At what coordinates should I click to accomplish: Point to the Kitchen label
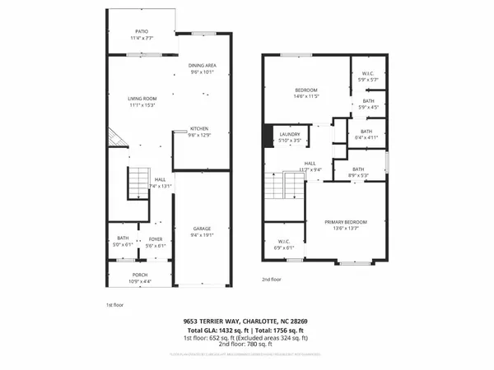click(198, 129)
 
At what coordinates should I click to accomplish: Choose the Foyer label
click(156, 240)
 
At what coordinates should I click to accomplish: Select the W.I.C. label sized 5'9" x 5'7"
click(368, 74)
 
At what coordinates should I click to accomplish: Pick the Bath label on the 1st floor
click(122, 240)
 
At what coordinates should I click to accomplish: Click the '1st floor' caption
click(114, 304)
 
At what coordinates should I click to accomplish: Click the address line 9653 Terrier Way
click(246, 321)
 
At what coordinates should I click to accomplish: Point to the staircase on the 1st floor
click(136, 183)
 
